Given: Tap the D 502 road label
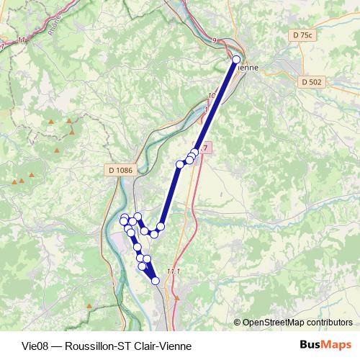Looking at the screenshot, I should pos(311,81).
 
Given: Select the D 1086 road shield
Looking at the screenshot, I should pos(119,170).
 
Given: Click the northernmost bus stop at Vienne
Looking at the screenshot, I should pos(236,60).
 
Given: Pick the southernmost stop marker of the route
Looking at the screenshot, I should pos(156,281).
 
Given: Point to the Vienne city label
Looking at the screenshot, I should pos(246,68).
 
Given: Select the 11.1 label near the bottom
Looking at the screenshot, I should pos(172,270).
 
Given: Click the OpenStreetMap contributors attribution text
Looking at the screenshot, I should pos(292,323).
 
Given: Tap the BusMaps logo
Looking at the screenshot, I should pos(320,345).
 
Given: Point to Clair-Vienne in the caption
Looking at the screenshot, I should pos(164,346).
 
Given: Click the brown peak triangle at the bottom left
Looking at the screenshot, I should pos(89,306).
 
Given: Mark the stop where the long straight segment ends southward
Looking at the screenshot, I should pos(161,227).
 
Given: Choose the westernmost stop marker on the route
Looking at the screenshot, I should pos(124,220).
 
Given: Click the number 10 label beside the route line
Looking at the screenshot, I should pos(212,95).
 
